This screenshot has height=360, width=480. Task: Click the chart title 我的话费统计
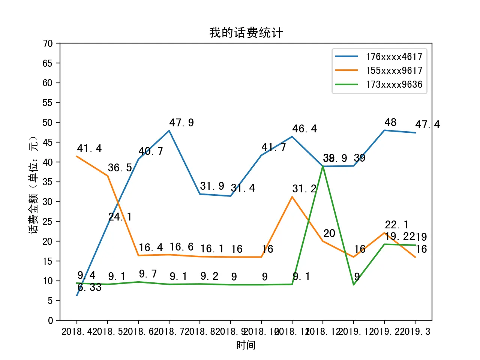(x=246, y=33)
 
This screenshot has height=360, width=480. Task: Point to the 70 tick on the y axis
(x=48, y=43)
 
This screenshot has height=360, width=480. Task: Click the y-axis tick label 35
(x=48, y=182)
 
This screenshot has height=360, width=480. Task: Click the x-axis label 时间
(x=246, y=345)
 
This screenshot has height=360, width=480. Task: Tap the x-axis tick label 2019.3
(x=415, y=332)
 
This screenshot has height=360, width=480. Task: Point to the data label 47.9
(x=181, y=123)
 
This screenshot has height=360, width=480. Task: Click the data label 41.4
(x=89, y=149)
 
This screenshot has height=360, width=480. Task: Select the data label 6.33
(x=90, y=288)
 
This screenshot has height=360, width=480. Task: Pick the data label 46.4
(x=304, y=129)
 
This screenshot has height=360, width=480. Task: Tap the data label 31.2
(x=304, y=189)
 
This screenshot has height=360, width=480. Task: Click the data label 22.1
(x=397, y=225)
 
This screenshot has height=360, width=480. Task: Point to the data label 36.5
(x=120, y=168)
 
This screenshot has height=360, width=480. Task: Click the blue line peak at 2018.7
(x=169, y=131)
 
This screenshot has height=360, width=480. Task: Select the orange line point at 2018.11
(x=292, y=197)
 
